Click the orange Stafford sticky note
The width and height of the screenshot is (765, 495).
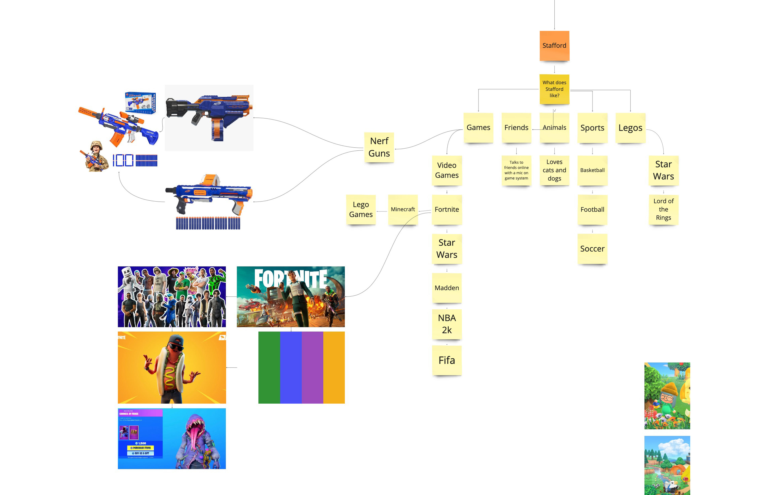click(554, 46)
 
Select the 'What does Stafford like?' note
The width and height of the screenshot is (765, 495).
click(554, 89)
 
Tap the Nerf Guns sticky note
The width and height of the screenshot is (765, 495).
click(379, 147)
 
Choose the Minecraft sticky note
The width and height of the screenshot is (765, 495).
click(403, 209)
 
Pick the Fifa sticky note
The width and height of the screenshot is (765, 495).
click(446, 360)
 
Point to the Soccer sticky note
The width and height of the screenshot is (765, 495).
click(592, 248)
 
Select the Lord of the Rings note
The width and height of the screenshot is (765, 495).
click(663, 209)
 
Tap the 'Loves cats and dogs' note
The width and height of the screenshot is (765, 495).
click(554, 170)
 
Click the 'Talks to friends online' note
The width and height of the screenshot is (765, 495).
click(516, 170)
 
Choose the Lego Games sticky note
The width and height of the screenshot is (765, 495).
click(361, 209)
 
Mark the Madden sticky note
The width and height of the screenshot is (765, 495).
click(446, 288)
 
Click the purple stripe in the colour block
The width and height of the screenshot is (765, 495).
click(312, 367)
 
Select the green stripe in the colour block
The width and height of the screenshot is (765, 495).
click(269, 367)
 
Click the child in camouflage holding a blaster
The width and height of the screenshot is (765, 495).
click(95, 157)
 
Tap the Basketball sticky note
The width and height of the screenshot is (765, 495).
click(592, 170)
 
